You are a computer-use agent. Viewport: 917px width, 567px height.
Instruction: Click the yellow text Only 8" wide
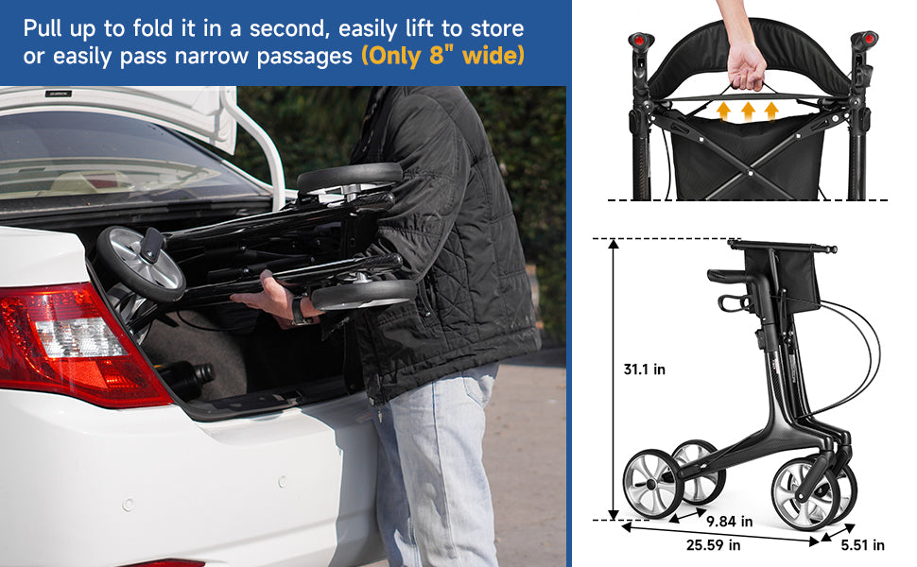point(441,56)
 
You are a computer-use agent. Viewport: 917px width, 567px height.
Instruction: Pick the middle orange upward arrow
point(748,112)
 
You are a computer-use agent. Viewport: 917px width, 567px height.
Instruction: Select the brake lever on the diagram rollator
point(733,302)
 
